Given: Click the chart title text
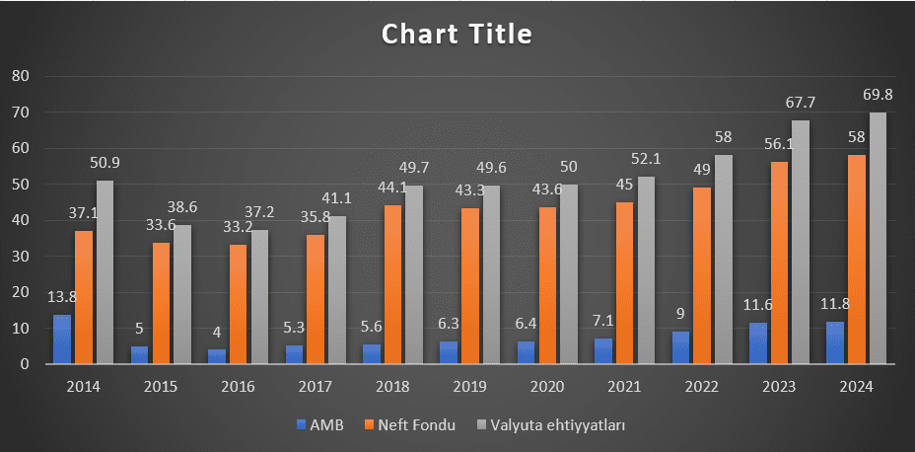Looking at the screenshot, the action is [457, 35].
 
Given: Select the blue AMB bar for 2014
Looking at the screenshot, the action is [62, 339].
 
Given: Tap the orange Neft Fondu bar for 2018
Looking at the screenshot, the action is [392, 284].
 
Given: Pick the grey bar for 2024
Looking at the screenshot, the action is [878, 238].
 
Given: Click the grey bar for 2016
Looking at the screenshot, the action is [259, 297].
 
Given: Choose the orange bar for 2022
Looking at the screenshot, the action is [702, 275].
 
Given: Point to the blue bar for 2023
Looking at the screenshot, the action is [758, 343].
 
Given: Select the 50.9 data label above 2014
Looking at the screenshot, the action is [106, 163].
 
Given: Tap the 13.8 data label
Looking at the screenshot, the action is [62, 297].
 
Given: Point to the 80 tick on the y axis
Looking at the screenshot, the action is [21, 76].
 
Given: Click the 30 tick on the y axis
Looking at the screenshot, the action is [21, 257].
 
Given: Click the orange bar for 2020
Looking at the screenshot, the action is [547, 285].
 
